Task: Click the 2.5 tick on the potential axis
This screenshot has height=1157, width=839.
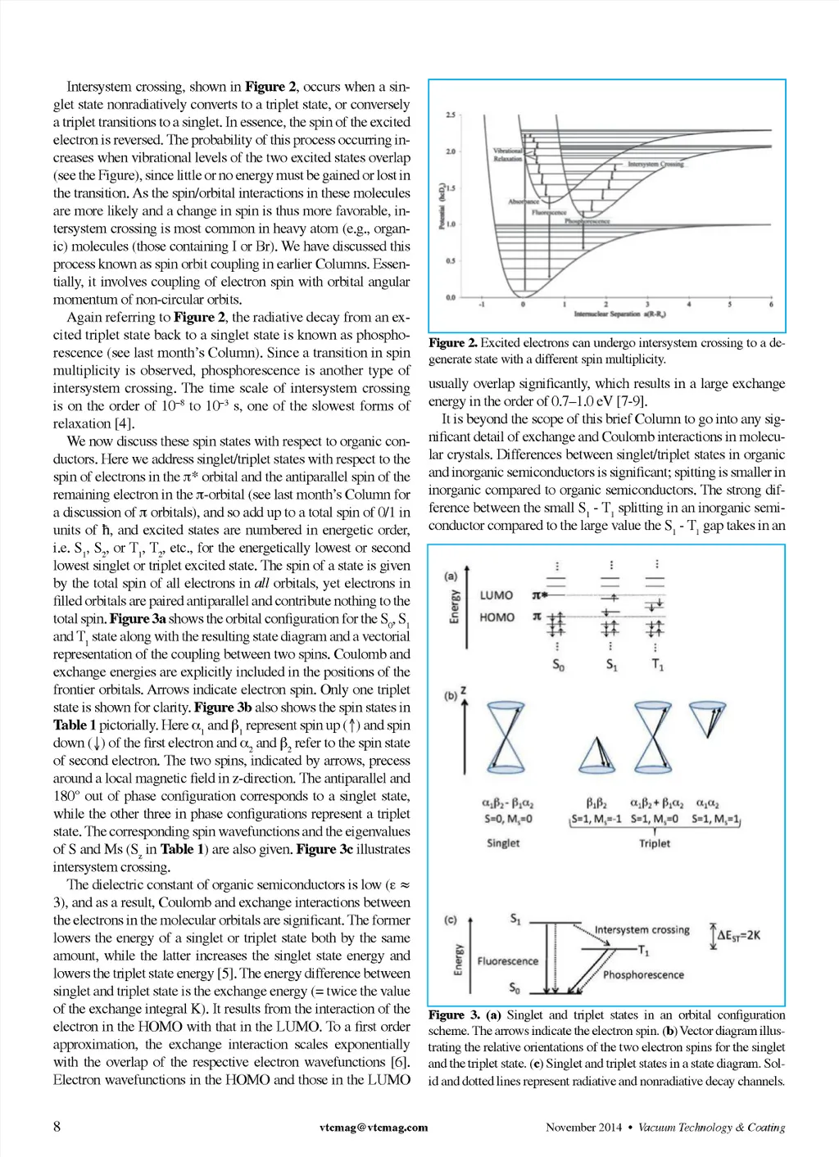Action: point(451,115)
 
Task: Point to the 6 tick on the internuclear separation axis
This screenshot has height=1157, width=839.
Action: point(771,305)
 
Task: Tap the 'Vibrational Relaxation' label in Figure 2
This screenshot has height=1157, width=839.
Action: point(508,155)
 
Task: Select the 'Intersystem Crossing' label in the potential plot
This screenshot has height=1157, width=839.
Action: point(655,164)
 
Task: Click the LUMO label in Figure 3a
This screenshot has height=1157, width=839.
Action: point(497,595)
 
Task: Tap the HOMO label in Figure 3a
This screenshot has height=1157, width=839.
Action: point(497,617)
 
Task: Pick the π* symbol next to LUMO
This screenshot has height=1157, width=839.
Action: point(538,596)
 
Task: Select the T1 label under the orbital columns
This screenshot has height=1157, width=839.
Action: point(657,665)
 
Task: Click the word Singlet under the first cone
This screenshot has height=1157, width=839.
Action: point(503,843)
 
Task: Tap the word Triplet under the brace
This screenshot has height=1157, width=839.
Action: point(654,843)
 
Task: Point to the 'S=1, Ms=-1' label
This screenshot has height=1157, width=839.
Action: point(596,819)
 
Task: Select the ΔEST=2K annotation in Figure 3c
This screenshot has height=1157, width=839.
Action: point(738,935)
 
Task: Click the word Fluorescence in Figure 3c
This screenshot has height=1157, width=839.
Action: point(508,961)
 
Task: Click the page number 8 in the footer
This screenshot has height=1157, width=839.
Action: point(57,1127)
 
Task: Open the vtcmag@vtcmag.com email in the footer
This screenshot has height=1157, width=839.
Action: point(374,1128)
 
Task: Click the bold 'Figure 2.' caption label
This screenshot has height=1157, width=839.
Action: point(452,342)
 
